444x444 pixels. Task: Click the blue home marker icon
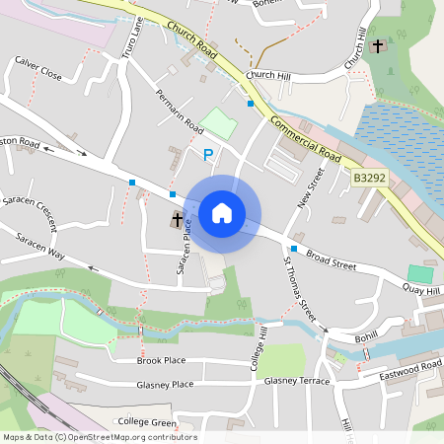(222, 212)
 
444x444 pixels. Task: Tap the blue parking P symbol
(207, 154)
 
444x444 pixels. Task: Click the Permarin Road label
(179, 113)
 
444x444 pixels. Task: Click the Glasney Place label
(165, 385)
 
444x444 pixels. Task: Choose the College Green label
(147, 422)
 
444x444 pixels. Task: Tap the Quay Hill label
(420, 288)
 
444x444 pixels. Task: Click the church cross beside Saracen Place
(178, 219)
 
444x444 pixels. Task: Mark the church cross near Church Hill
(378, 45)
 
